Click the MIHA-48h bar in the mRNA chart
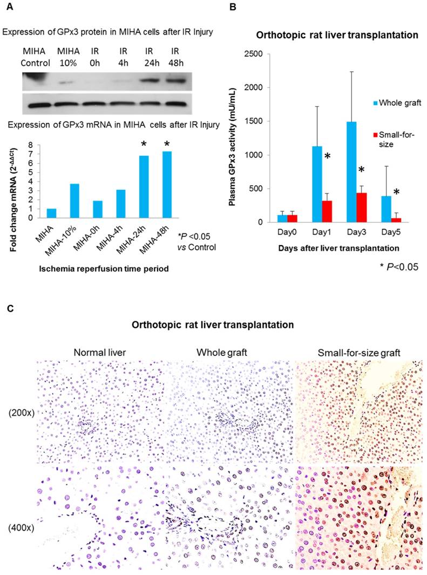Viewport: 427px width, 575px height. (167, 185)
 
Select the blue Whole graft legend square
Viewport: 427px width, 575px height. (372, 102)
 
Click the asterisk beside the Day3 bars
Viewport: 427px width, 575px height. (362, 171)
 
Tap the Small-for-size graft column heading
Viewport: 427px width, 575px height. (358, 352)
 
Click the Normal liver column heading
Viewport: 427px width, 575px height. (101, 352)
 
